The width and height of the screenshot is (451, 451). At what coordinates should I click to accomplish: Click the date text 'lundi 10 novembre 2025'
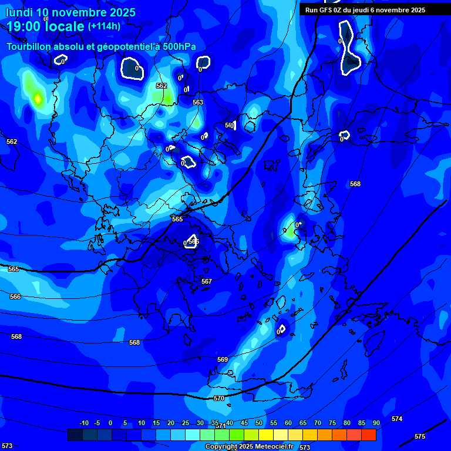[70, 12]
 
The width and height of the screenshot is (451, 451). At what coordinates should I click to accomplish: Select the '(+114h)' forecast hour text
[104, 26]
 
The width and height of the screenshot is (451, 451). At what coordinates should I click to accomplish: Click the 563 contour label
[198, 102]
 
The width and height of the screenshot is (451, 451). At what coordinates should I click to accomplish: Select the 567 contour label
[207, 281]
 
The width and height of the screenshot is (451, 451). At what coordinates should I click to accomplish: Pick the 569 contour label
[223, 359]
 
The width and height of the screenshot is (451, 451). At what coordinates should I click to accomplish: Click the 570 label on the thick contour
[219, 398]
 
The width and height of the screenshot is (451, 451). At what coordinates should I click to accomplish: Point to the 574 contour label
[397, 419]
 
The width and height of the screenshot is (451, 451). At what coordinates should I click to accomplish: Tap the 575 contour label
[420, 436]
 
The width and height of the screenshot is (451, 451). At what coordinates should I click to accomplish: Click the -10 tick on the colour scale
[83, 423]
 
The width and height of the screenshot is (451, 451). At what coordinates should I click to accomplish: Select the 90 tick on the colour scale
[376, 423]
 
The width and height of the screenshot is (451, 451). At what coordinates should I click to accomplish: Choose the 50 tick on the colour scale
[259, 423]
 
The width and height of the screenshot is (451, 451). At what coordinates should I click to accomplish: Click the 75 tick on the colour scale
[332, 423]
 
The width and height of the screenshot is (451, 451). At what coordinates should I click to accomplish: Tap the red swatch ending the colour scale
[369, 435]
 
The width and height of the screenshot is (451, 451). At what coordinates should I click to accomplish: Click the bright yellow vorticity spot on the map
[38, 99]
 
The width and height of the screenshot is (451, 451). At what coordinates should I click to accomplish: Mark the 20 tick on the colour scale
[171, 423]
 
